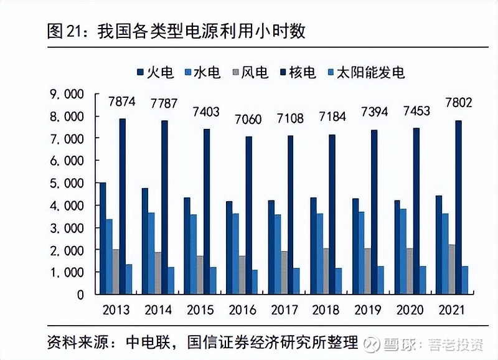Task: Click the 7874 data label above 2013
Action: click(x=122, y=102)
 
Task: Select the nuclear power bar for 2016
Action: click(x=248, y=215)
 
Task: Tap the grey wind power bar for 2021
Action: click(x=451, y=269)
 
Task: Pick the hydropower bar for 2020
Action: click(x=403, y=251)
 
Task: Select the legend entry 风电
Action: click(x=248, y=72)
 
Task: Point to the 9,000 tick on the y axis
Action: click(x=66, y=94)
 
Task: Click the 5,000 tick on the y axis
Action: click(x=66, y=183)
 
